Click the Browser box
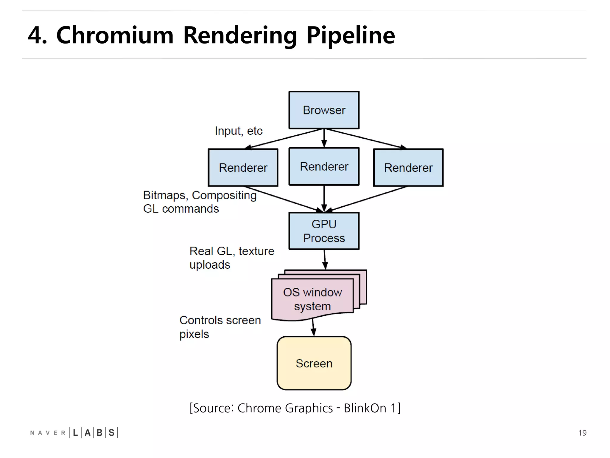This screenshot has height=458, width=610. [x=324, y=110]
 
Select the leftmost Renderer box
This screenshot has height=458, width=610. [x=243, y=168]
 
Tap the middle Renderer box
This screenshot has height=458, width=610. [x=324, y=166]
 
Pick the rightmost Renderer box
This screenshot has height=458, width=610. [x=408, y=168]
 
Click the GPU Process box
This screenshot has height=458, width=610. [x=324, y=231]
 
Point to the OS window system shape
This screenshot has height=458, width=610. [x=312, y=299]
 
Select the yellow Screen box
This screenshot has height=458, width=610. [x=314, y=363]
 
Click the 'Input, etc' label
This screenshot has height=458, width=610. [x=239, y=131]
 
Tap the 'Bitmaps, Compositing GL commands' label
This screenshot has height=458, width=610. [x=200, y=202]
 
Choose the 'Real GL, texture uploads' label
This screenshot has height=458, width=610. [x=231, y=258]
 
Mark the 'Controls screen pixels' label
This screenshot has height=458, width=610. [x=220, y=327]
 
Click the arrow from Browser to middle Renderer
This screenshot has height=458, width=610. [x=324, y=138]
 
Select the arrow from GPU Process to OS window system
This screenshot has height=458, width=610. [x=325, y=259]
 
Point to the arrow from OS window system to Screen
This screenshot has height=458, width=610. [x=313, y=328]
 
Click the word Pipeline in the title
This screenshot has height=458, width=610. [x=351, y=35]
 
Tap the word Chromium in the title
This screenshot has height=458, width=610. [x=115, y=35]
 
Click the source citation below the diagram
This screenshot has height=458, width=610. [x=295, y=408]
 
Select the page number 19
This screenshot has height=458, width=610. [x=582, y=433]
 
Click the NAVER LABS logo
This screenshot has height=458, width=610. [x=74, y=433]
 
